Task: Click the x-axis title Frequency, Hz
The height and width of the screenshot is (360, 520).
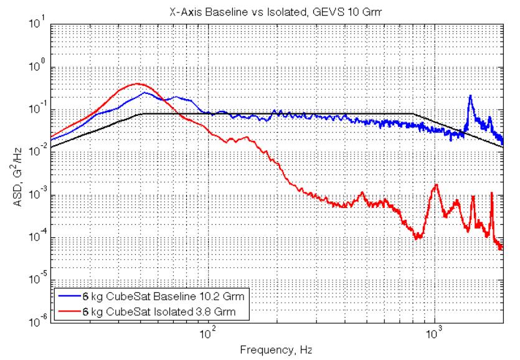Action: (x=277, y=350)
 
